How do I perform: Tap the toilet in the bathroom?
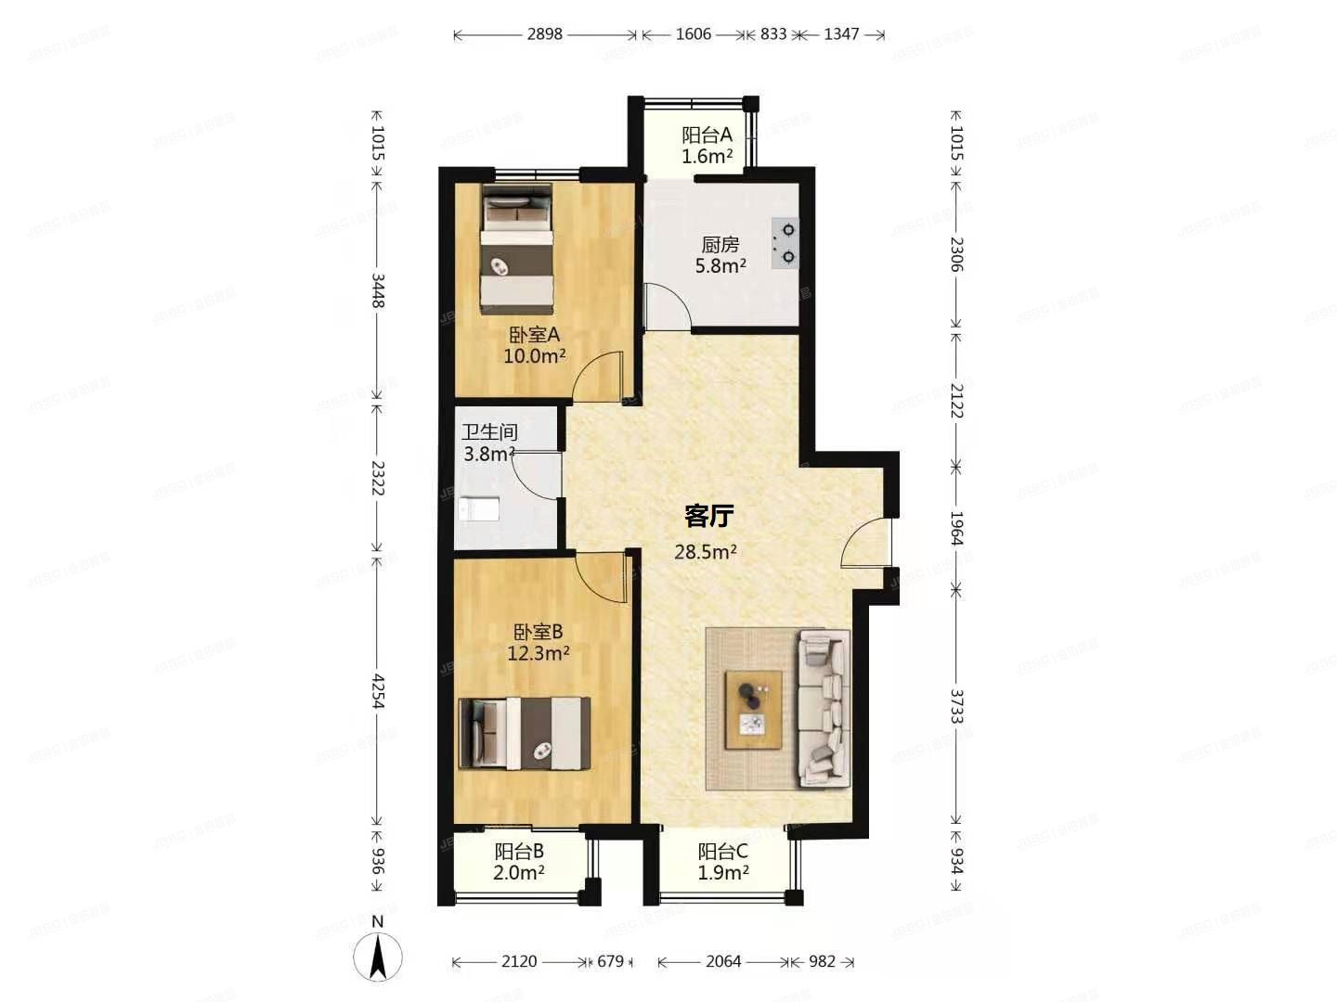coord(480,509)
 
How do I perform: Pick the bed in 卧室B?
coord(526,733)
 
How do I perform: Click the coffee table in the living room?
coord(754,708)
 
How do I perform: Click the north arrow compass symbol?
coord(378,956)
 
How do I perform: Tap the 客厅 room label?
coord(708,516)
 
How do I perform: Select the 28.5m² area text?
coord(706,553)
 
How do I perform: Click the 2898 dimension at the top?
coord(545,34)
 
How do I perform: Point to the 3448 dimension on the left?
coord(378,290)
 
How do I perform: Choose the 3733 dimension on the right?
coord(957,705)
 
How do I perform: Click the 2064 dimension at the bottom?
coord(723,962)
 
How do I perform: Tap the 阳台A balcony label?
coord(707,135)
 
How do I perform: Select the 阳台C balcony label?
coord(723,852)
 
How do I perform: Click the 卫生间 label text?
coord(490,432)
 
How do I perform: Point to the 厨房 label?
coord(720,245)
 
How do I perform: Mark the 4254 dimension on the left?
coord(378,691)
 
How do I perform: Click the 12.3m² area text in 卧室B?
coord(539,653)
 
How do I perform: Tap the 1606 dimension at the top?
coord(694,34)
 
